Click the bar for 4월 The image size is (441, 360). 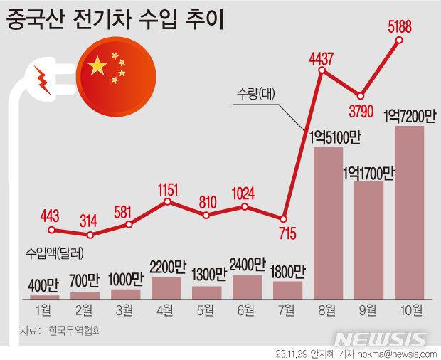coord(167,287)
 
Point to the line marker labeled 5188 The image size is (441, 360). coord(399,40)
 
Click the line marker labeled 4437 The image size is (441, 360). coord(322,71)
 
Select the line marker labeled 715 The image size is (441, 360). coord(284,218)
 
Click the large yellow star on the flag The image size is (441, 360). coord(97,66)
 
